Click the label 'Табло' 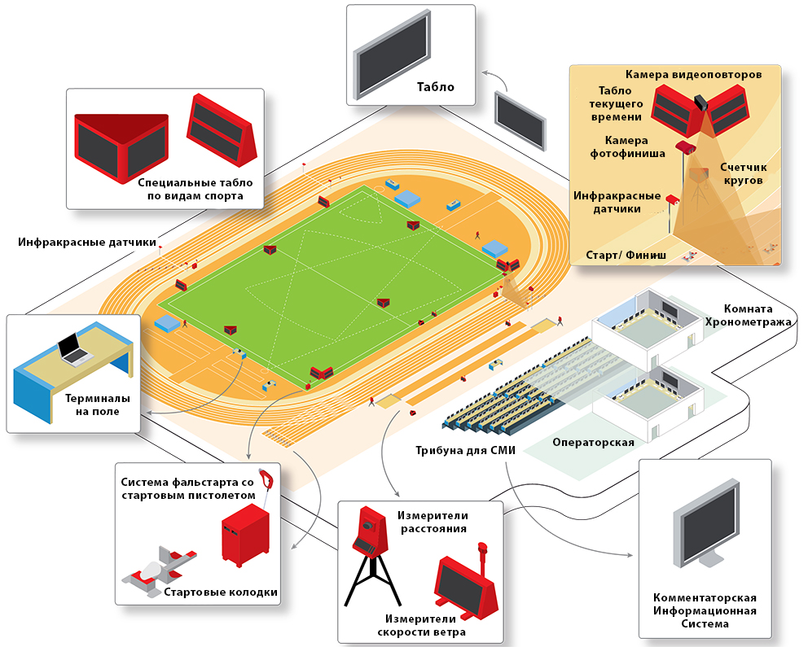[x=435, y=87]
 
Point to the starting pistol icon [x=266, y=479]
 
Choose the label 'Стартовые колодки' [x=221, y=592]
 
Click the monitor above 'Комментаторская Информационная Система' [x=705, y=527]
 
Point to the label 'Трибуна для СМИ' [x=457, y=450]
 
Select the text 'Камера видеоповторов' [x=693, y=75]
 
